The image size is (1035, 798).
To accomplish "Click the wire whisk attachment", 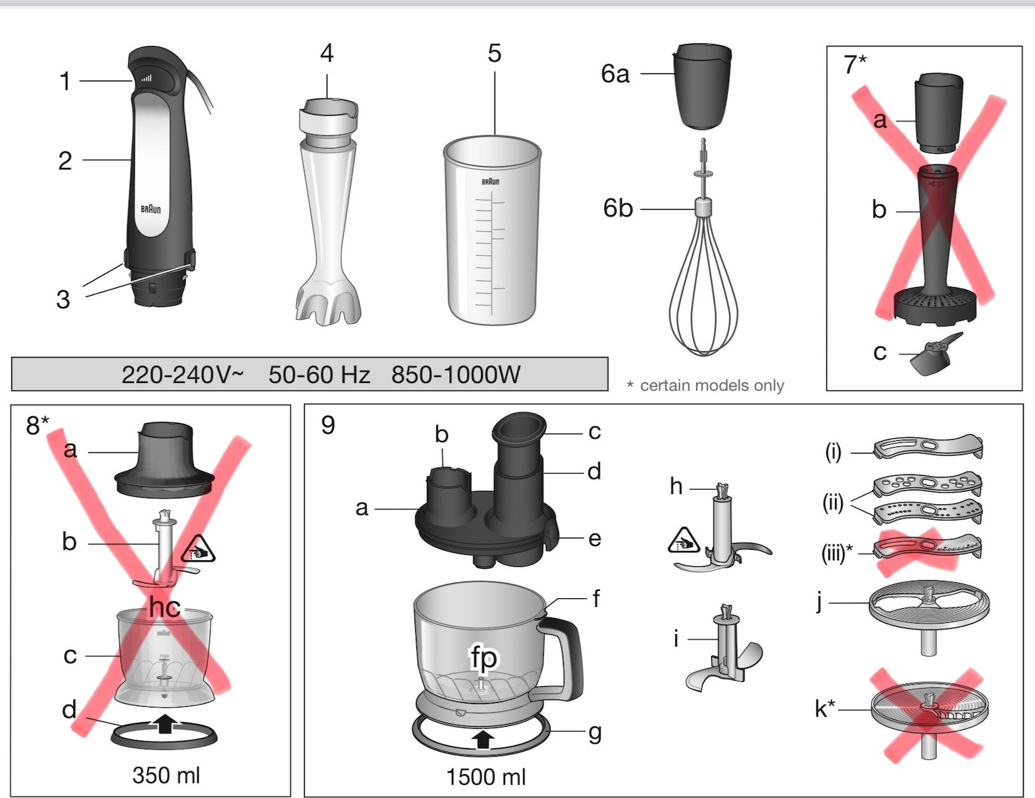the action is [704, 247].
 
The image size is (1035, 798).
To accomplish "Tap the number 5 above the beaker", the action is [495, 53].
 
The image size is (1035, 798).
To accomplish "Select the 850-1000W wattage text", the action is [456, 374].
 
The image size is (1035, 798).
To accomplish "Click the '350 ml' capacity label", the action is [166, 775].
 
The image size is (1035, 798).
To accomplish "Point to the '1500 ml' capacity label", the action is [485, 777].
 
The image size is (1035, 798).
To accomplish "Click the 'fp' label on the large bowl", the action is [484, 657].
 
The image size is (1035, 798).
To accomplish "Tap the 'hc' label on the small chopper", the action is [165, 607].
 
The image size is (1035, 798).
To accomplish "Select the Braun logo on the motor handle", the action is [151, 208].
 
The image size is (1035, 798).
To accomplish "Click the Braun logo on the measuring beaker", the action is [490, 182].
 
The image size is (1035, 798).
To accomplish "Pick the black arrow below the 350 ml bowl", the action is [165, 723].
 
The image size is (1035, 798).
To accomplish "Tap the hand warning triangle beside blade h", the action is [684, 541].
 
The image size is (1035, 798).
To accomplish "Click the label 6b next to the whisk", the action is [618, 208].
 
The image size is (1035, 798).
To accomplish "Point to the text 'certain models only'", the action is [712, 386].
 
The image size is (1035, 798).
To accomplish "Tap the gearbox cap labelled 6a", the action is [702, 86].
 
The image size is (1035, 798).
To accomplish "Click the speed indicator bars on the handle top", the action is [146, 79].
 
